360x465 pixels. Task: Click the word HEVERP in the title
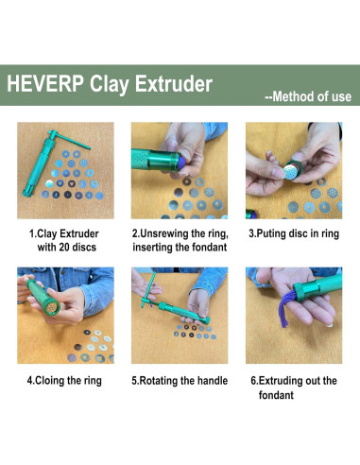45,83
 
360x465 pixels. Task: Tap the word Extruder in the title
171,83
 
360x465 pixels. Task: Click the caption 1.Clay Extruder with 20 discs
65,240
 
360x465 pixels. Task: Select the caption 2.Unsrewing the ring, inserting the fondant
179,240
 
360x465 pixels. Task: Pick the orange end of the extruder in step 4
43,313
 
